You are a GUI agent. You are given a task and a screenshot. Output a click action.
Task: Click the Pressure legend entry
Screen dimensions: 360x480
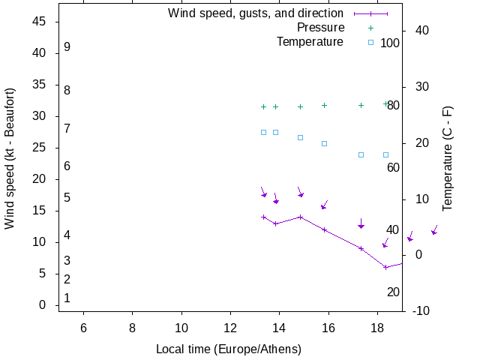[320, 28]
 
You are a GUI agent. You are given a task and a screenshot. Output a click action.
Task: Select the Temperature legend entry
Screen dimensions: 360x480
[310, 42]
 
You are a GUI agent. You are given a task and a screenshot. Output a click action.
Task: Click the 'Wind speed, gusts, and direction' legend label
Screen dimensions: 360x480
[255, 13]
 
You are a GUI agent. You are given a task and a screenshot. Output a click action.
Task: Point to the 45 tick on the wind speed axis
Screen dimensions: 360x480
[40, 22]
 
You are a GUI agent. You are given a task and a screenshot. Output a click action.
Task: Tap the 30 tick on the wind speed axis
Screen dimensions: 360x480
[40, 116]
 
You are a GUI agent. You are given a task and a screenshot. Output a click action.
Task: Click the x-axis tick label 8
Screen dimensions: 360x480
[132, 328]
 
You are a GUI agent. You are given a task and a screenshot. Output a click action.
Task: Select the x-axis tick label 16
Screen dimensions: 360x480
[328, 328]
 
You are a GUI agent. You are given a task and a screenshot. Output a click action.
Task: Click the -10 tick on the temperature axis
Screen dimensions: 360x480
[421, 311]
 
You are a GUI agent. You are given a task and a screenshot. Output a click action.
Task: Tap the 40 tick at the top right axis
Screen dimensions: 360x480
[421, 31]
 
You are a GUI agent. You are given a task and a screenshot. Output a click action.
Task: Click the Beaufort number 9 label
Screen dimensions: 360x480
[67, 47]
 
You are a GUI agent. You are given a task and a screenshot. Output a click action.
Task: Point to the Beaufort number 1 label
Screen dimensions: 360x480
[67, 298]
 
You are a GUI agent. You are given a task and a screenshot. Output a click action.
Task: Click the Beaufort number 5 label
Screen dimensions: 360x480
[67, 198]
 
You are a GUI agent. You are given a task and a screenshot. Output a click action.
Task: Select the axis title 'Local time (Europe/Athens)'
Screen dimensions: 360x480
[229, 349]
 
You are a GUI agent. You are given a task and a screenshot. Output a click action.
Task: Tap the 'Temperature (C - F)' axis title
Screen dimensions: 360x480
[448, 158]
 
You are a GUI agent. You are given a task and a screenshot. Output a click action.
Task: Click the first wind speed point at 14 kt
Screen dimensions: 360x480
[263, 217]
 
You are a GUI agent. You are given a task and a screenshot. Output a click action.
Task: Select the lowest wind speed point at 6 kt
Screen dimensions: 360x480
[385, 267]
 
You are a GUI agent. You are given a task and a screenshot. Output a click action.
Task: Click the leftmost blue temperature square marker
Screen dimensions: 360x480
[263, 132]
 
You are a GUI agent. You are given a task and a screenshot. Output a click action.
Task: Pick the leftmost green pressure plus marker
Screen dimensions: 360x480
[263, 106]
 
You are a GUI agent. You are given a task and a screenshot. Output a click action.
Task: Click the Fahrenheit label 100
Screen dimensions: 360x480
[390, 43]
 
